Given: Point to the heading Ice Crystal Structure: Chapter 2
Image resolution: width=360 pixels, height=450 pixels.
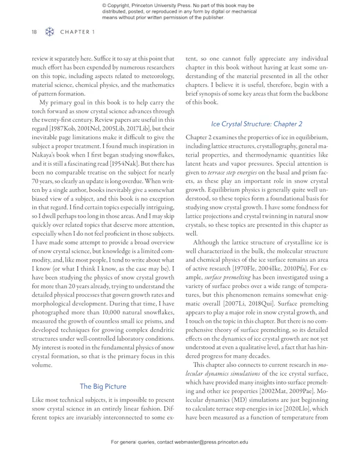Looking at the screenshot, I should (x=256, y=124).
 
